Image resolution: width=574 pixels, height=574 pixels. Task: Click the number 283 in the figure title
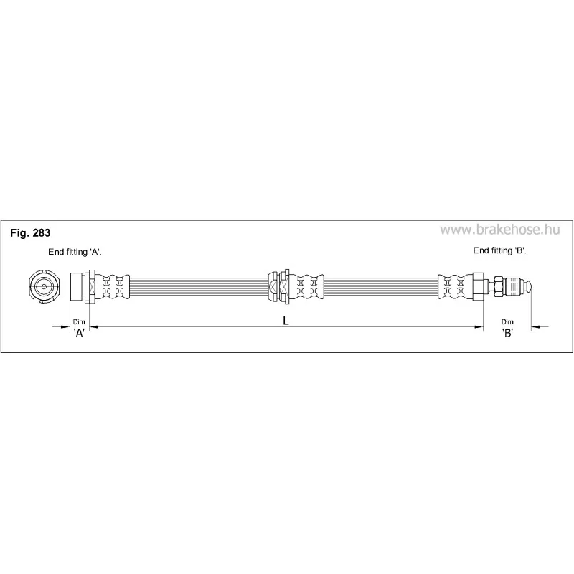[x=42, y=232]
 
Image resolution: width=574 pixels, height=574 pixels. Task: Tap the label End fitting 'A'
[x=75, y=252]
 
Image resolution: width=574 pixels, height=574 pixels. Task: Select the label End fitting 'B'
[x=499, y=250]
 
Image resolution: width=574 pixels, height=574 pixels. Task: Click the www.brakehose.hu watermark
[x=499, y=230]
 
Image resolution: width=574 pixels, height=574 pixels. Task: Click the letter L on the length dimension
[x=286, y=321]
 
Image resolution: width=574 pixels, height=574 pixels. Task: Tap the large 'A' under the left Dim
[x=80, y=333]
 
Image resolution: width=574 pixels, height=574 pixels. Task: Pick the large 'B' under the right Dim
[x=507, y=332]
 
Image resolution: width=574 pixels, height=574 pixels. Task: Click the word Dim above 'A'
[x=79, y=321]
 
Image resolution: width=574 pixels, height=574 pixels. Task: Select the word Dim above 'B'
[x=507, y=321]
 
